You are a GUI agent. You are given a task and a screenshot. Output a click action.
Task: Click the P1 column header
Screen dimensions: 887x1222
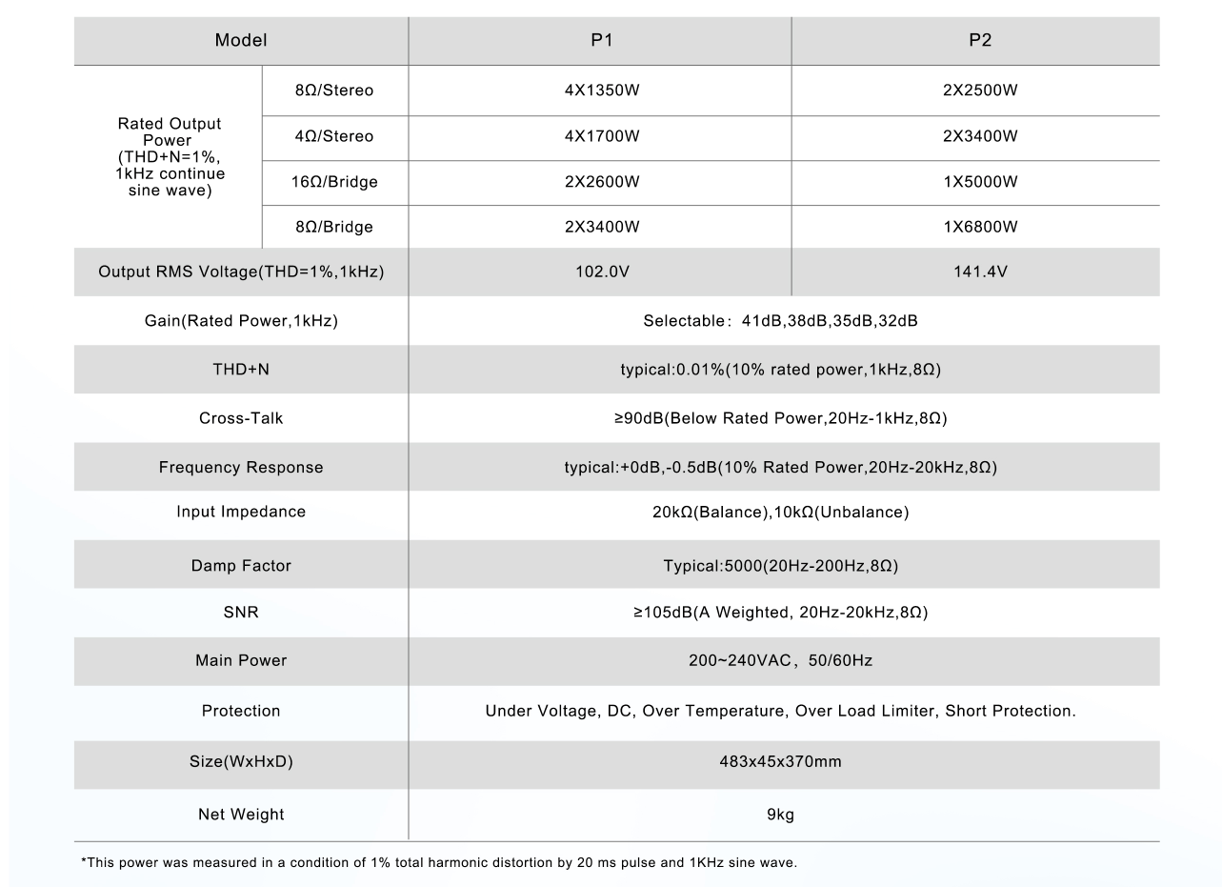click(601, 40)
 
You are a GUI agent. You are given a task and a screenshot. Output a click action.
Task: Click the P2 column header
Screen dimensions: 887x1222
click(980, 40)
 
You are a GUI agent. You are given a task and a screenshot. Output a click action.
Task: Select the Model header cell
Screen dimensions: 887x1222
click(241, 40)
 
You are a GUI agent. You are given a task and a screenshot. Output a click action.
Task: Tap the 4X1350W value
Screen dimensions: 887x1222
click(601, 91)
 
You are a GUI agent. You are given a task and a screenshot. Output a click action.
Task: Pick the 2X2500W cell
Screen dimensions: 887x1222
click(980, 91)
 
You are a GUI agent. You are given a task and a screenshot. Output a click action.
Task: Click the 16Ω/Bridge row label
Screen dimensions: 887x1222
click(334, 182)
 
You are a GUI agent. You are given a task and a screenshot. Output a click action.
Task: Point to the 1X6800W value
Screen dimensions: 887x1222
click(980, 227)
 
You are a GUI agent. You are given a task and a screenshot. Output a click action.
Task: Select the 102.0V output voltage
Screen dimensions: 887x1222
click(601, 272)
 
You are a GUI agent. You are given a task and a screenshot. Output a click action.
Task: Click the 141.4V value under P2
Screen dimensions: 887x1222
click(980, 272)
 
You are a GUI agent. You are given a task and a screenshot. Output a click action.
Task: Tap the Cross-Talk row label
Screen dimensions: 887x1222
click(241, 418)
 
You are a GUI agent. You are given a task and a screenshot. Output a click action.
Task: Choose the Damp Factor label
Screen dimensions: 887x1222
click(241, 566)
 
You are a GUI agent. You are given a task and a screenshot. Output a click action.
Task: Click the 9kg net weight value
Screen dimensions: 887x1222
click(781, 815)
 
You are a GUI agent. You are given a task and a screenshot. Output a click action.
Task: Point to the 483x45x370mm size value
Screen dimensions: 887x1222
click(781, 762)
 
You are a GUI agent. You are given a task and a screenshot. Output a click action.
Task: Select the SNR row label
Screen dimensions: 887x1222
click(241, 613)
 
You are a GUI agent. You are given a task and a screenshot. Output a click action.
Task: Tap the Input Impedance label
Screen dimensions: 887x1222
click(241, 512)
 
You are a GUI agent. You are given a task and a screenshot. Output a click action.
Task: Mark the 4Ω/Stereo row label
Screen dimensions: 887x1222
click(334, 136)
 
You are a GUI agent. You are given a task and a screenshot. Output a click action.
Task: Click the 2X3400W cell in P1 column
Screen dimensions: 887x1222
click(601, 227)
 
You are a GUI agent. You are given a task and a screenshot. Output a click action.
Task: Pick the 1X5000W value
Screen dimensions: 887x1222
click(980, 182)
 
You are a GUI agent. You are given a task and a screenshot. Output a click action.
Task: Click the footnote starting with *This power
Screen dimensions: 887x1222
click(439, 863)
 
